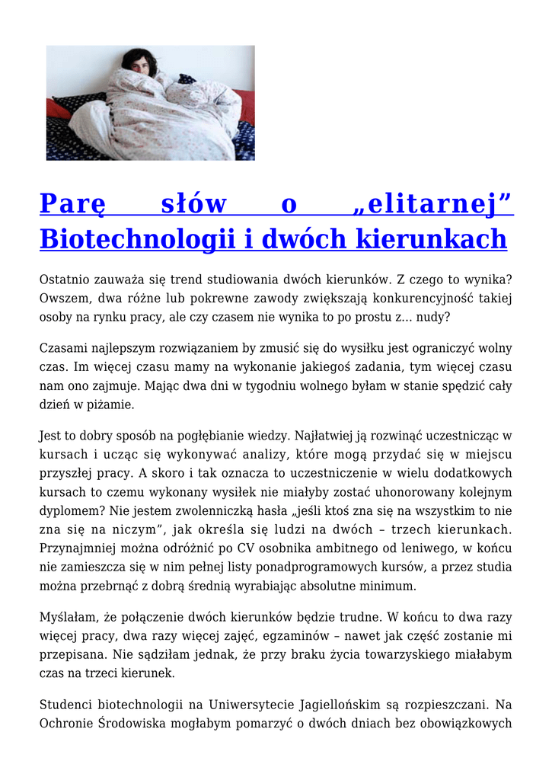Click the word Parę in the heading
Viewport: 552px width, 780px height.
72,204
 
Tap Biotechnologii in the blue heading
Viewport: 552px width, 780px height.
136,238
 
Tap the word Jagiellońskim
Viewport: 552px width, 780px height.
354,705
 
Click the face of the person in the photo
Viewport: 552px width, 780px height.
139,64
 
